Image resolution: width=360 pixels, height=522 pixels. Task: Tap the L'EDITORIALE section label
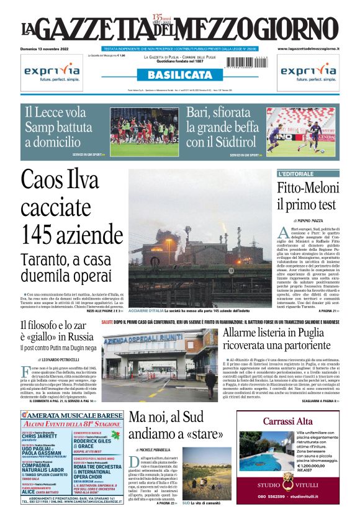pos(297,174)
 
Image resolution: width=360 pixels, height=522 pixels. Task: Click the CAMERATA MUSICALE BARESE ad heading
pos(70,415)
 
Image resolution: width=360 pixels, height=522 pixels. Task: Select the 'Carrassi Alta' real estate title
pos(285,421)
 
